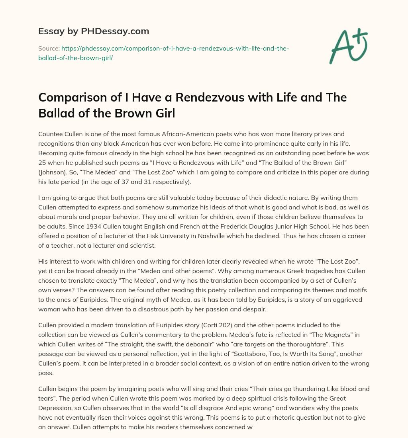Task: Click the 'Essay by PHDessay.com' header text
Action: [x=93, y=31]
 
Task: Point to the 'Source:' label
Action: [x=49, y=48]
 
